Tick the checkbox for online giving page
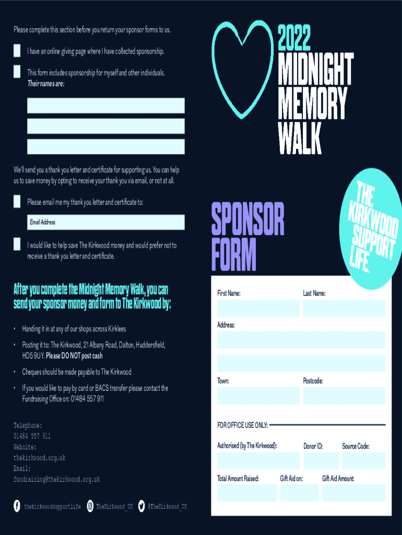click(17, 51)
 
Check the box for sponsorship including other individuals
click(17, 72)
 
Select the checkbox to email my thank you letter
click(17, 202)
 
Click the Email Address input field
click(105, 222)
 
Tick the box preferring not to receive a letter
click(17, 245)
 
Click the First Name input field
click(258, 308)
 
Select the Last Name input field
click(344, 308)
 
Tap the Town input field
click(258, 396)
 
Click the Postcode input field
click(344, 396)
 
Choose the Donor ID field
click(321, 460)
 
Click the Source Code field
click(363, 460)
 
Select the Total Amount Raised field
click(247, 493)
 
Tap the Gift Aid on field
click(299, 493)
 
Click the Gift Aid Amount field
click(353, 493)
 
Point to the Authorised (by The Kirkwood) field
click(258, 460)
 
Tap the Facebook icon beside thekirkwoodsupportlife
click(17, 506)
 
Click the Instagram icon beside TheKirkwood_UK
click(90, 506)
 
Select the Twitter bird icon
click(141, 506)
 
